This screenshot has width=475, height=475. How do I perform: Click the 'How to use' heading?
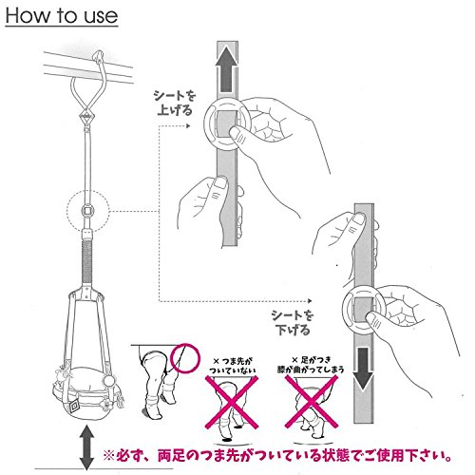point(62,16)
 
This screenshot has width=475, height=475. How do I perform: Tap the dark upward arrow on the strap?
point(227,69)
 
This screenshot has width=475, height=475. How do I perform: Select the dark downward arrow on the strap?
point(364,369)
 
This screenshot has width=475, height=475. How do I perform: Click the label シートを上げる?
point(175,104)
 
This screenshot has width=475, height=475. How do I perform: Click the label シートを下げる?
point(293,323)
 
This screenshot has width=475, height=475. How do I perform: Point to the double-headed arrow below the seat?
point(86,448)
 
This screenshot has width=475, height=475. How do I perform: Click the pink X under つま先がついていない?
point(232,402)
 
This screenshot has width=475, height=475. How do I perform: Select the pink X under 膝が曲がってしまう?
point(311,402)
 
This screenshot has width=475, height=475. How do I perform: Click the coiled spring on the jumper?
point(86,261)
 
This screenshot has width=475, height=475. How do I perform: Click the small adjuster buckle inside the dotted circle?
point(87,210)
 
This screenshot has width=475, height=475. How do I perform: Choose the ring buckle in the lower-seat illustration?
point(365,309)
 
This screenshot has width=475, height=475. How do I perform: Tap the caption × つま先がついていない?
point(233,365)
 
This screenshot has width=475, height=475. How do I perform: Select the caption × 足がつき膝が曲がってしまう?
point(311,365)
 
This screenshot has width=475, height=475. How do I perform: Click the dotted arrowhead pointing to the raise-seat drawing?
point(188,125)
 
